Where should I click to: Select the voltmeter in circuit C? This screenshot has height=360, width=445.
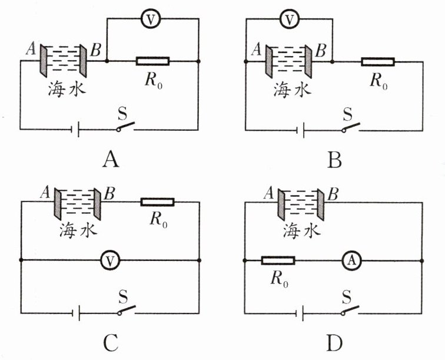point(107,260)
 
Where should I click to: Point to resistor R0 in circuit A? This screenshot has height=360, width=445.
point(153,61)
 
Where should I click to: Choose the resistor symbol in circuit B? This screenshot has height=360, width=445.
point(377,61)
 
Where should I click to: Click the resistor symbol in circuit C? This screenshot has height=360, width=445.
point(158,202)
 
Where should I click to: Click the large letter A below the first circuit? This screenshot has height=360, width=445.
point(110,159)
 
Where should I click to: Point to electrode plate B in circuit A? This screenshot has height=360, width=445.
point(86,60)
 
